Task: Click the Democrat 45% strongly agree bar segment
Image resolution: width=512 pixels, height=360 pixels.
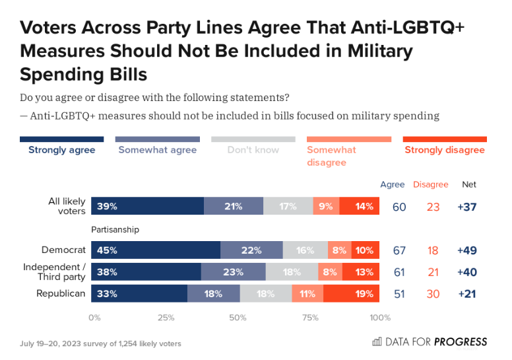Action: [156, 250]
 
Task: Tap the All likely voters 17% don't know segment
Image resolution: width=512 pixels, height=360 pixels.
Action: [288, 207]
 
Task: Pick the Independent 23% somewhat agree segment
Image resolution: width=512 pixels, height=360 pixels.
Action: [234, 272]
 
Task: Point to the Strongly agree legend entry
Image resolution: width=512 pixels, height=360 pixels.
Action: [61, 150]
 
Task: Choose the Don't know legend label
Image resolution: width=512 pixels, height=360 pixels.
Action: [253, 150]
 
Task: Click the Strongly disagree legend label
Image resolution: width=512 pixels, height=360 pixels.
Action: [444, 150]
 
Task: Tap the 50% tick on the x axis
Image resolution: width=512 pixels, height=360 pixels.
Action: [238, 317]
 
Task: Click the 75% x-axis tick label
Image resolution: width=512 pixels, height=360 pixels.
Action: [309, 317]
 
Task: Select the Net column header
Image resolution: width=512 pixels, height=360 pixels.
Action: [468, 184]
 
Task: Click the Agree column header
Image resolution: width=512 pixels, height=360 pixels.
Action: [393, 184]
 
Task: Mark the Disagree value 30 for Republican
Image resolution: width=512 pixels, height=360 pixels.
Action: [433, 294]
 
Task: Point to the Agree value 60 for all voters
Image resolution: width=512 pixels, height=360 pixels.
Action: [399, 207]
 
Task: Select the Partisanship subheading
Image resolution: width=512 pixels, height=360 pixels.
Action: [115, 230]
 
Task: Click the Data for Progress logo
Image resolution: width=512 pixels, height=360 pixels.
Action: [430, 342]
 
